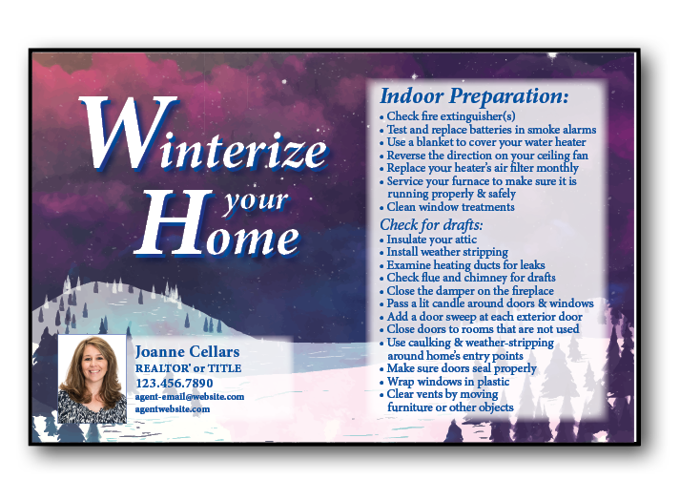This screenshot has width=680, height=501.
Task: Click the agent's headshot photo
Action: [93, 379]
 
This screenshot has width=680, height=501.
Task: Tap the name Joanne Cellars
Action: [187, 351]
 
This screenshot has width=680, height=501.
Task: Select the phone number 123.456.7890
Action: [175, 384]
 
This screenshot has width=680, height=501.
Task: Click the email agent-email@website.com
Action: [190, 397]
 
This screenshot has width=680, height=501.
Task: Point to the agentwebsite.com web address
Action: [173, 409]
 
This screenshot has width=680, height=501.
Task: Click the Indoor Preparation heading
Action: [474, 96]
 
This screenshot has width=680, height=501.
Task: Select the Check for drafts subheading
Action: [431, 224]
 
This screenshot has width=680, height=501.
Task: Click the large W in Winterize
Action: [126, 133]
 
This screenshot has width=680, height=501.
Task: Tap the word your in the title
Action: [256, 200]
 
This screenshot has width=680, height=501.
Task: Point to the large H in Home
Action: [175, 222]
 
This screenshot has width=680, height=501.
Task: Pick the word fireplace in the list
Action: [532, 291]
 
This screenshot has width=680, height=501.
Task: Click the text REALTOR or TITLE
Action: [188, 368]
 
